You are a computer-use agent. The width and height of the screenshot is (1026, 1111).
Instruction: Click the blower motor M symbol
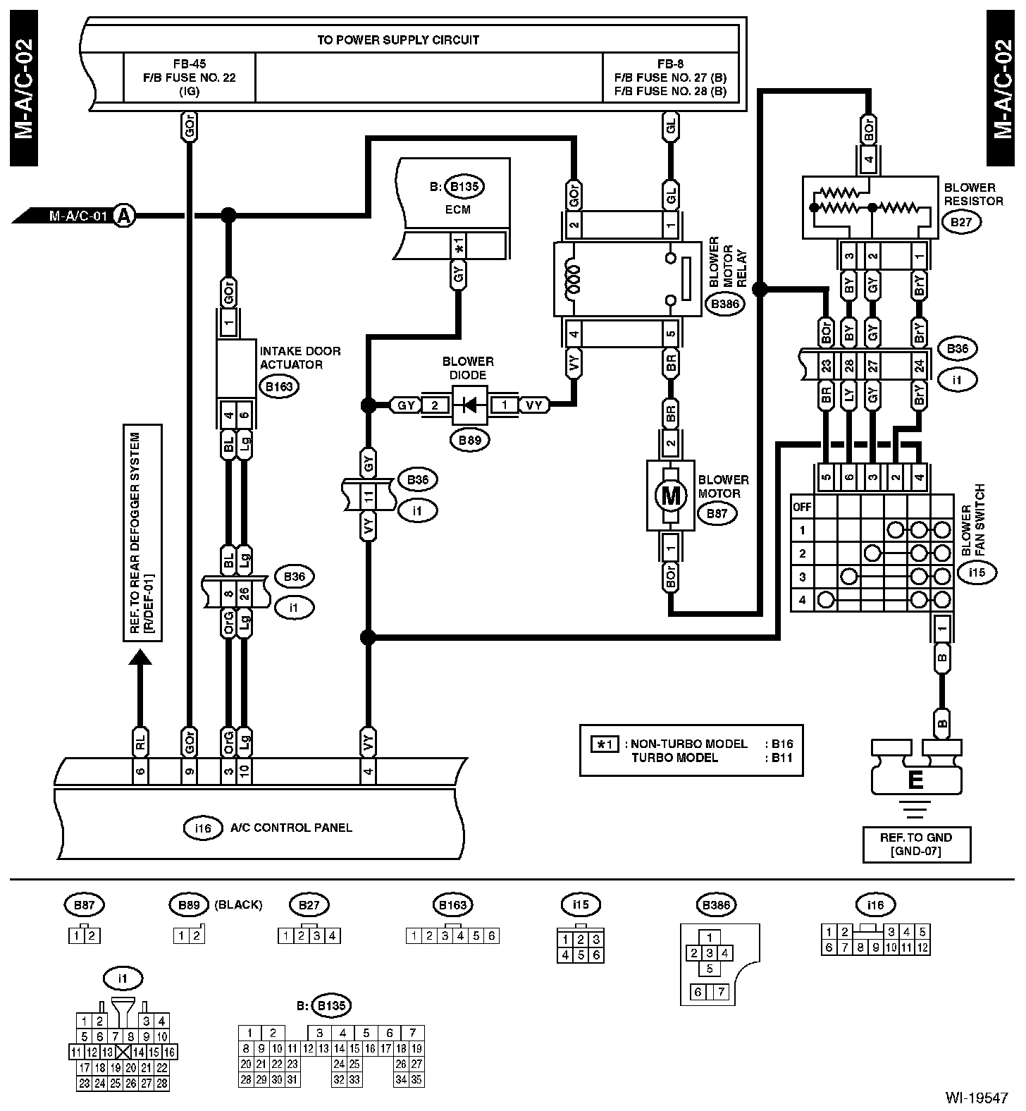670,496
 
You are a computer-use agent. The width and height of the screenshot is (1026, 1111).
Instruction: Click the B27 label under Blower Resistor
961,223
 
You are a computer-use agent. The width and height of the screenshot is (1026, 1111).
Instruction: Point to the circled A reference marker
124,215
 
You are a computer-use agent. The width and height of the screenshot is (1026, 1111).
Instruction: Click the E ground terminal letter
915,780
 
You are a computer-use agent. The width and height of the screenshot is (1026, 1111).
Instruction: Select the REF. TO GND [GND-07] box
915,844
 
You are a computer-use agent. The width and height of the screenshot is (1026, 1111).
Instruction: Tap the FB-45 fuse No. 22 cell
189,78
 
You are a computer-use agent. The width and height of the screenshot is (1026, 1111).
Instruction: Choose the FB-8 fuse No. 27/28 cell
670,78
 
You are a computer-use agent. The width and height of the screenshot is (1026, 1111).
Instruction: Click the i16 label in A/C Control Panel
202,828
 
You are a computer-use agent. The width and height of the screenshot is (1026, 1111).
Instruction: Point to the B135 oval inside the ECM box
464,187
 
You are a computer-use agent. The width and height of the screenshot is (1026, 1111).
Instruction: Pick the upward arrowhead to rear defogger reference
140,656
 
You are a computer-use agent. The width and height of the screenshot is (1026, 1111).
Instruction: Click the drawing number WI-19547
977,1098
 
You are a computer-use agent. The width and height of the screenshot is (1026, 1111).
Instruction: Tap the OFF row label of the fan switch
802,507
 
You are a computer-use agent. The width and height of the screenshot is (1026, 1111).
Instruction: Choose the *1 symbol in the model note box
605,744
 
